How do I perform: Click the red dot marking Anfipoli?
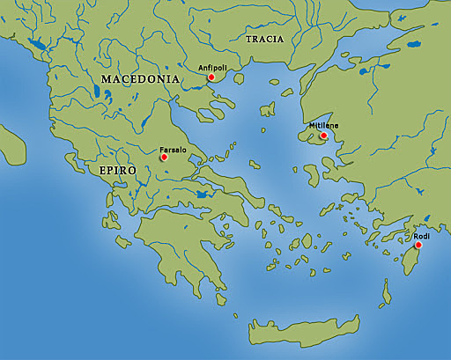click(211, 77)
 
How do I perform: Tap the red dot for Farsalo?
click(163, 158)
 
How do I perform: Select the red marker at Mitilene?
click(323, 136)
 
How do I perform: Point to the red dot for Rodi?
click(418, 245)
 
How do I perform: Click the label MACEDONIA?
click(141, 79)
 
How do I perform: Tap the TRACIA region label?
click(264, 40)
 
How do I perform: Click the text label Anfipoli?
click(213, 67)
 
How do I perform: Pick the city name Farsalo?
click(174, 150)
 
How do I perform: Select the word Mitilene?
click(323, 126)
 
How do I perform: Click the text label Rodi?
click(421, 235)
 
